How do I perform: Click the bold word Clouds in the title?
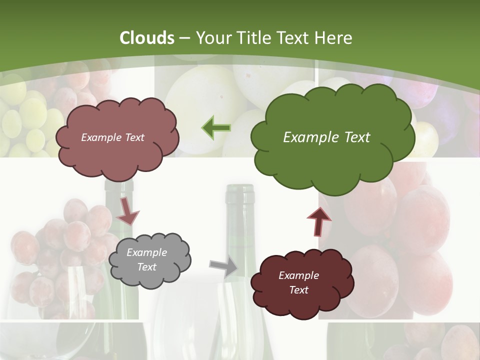147,38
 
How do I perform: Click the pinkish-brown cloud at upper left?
117,137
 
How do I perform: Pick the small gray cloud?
149,259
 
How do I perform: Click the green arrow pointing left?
216,128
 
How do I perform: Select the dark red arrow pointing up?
319,220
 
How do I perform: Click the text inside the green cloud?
326,137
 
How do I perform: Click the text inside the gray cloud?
146,259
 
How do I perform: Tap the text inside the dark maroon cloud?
298,282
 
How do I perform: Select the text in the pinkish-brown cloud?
112,137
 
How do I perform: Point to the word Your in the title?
210,38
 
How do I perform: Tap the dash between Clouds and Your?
185,38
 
